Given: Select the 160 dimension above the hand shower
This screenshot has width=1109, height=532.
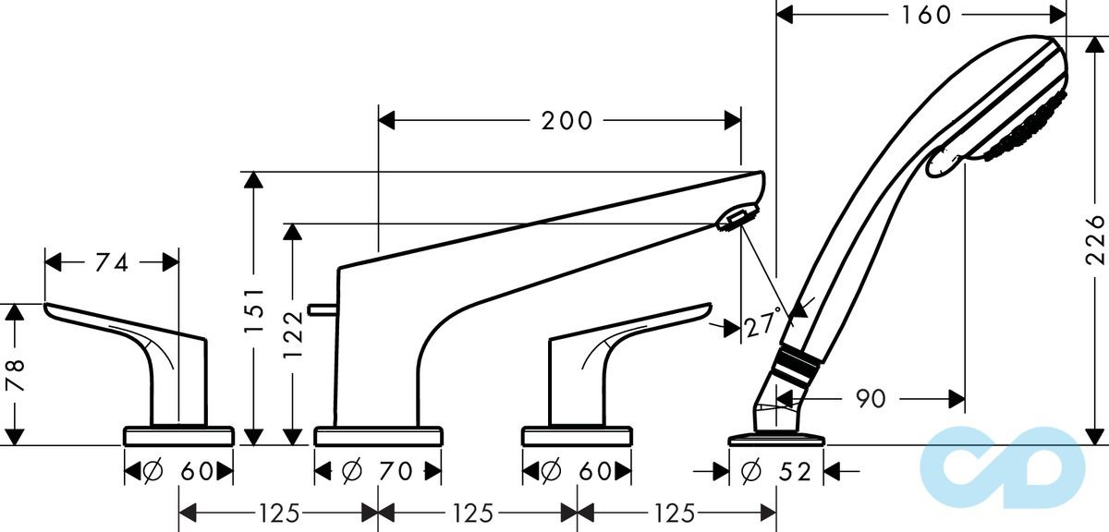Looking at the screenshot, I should point(920,15).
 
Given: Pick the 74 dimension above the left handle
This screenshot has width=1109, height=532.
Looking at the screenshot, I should point(112,262).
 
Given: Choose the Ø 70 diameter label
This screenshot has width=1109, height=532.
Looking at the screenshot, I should point(376,472).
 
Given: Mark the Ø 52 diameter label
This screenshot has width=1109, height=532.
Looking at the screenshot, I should point(776,472).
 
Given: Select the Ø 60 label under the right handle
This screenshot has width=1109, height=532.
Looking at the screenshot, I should point(577,472).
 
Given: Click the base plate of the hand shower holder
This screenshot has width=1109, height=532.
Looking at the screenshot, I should point(775,438).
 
